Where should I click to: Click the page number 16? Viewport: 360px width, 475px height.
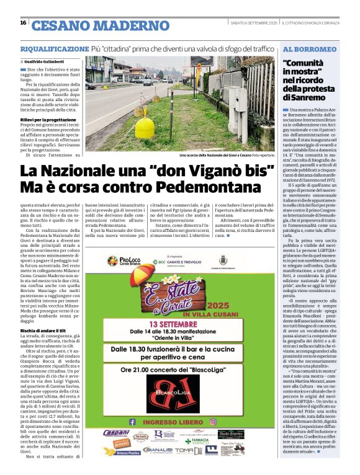click(22, 23)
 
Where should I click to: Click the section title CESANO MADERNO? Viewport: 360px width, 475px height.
click(100, 25)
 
